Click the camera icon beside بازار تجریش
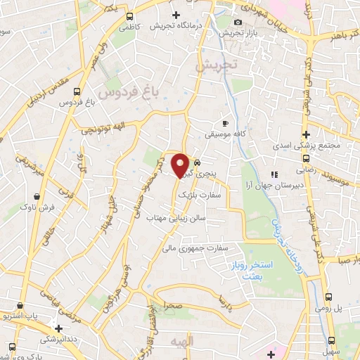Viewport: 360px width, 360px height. click(238, 22)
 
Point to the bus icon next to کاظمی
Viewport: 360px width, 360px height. click(129, 16)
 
